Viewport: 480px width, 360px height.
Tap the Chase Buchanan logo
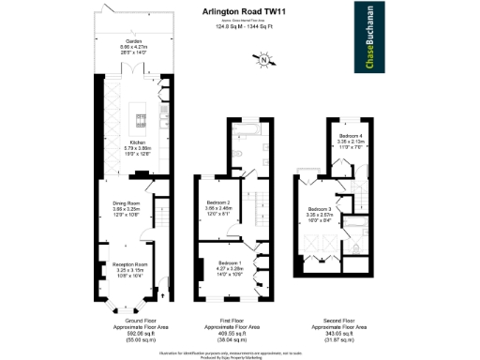click(366, 29)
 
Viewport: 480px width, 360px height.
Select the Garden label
click(133, 43)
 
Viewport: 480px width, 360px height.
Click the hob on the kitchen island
click(142, 119)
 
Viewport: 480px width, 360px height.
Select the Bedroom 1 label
click(229, 263)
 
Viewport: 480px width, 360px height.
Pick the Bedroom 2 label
click(218, 203)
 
